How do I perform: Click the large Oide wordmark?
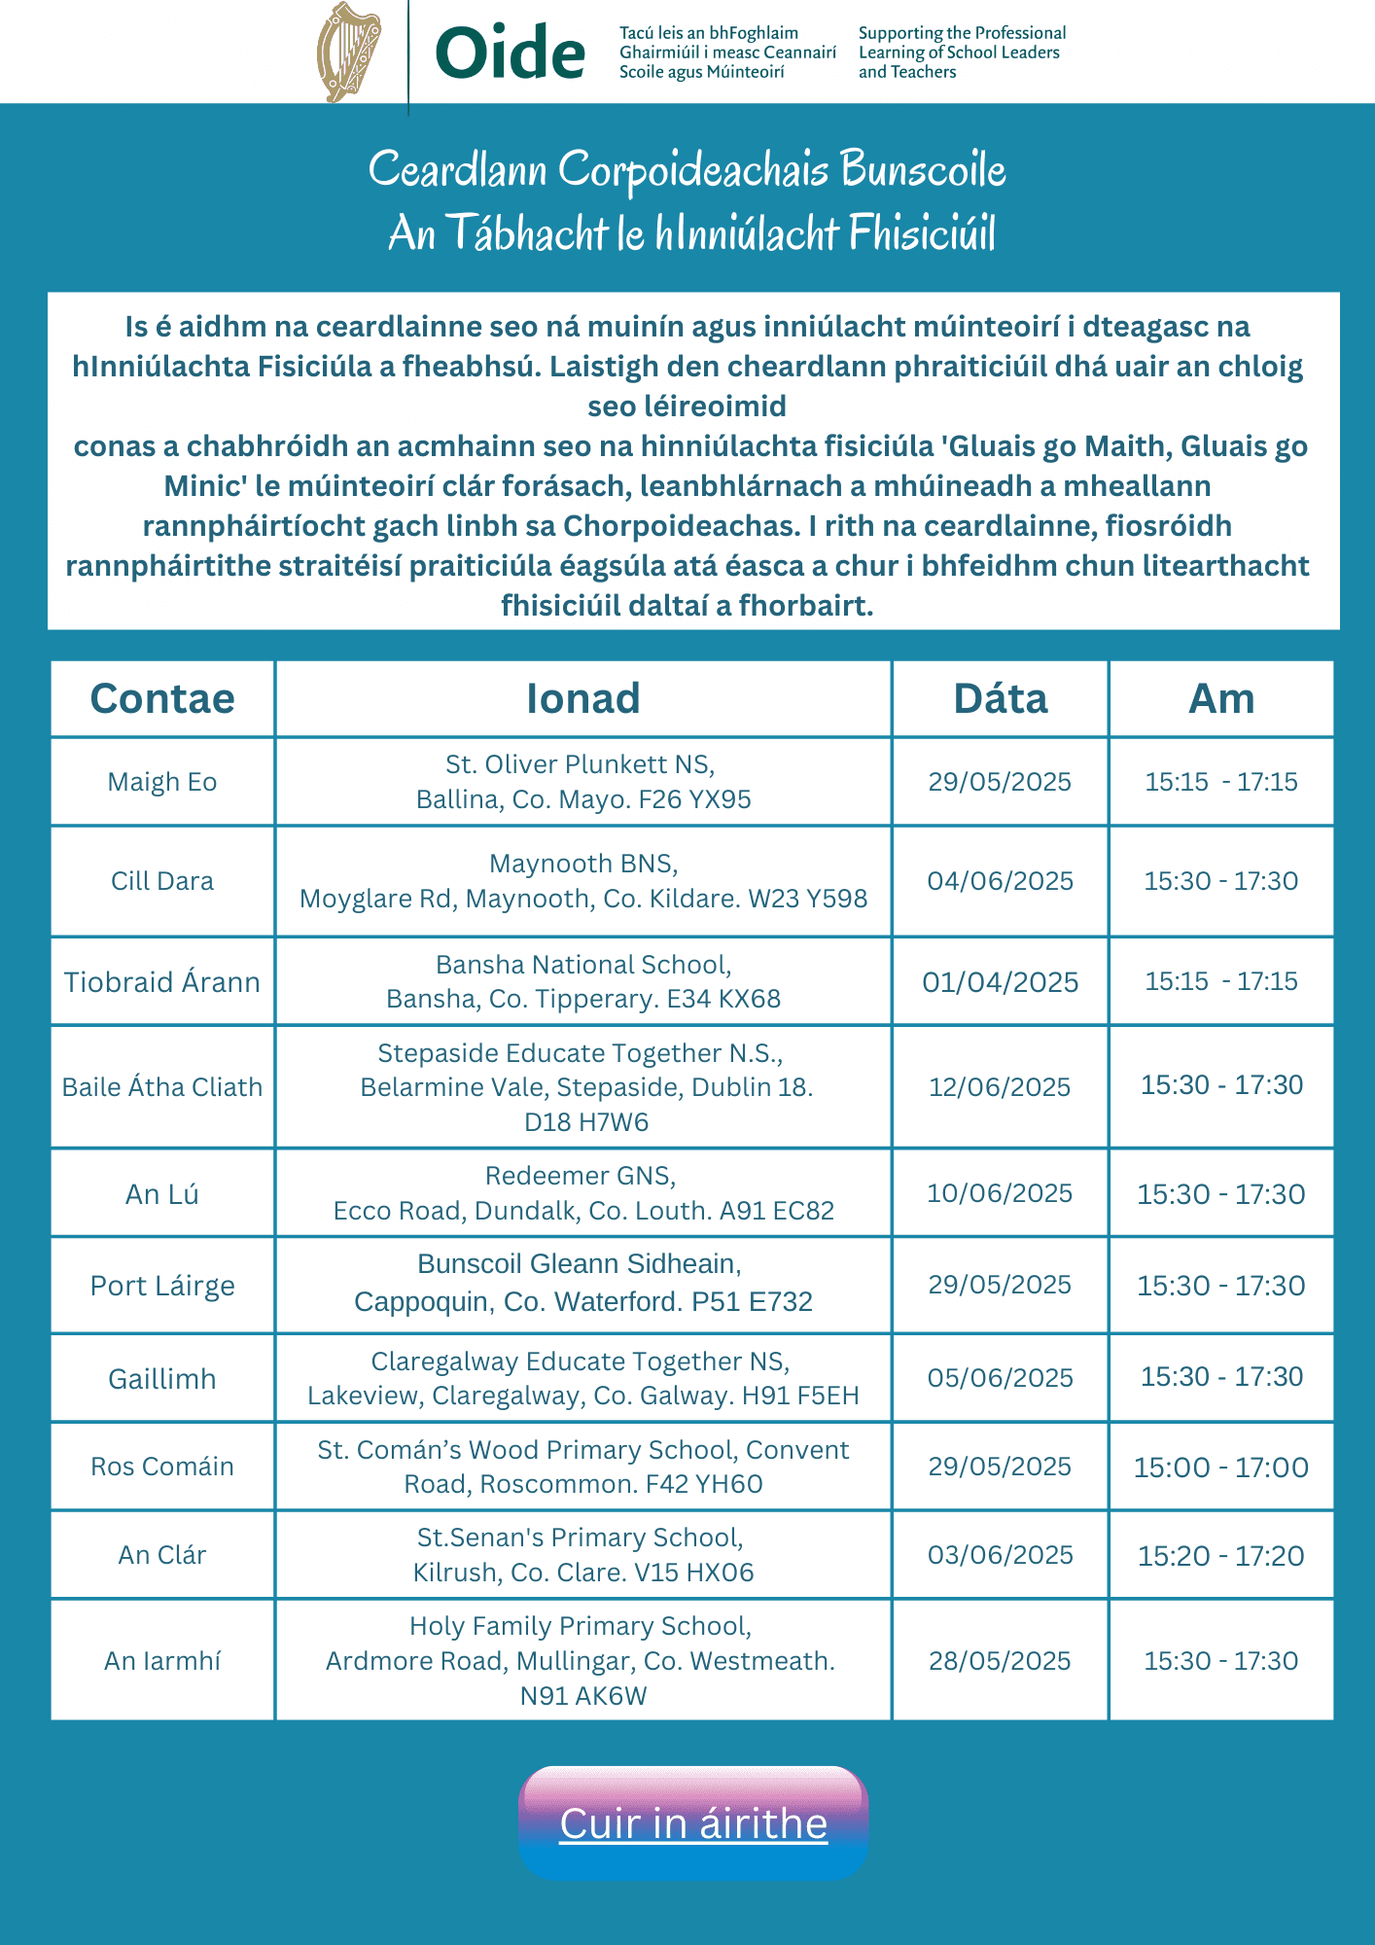(x=510, y=53)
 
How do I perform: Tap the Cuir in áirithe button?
(x=693, y=1823)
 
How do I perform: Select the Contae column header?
(x=162, y=698)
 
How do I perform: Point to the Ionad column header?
(x=583, y=698)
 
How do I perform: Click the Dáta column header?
(x=1000, y=698)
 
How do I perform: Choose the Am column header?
(x=1221, y=698)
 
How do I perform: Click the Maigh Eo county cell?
(x=162, y=782)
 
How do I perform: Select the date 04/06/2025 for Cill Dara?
(x=1000, y=881)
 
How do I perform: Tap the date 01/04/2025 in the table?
(x=1000, y=982)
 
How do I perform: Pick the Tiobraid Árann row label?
(x=162, y=982)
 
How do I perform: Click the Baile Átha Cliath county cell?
(x=162, y=1087)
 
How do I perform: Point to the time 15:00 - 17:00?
(x=1221, y=1467)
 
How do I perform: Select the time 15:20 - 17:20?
(x=1221, y=1556)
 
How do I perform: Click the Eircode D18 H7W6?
(x=585, y=1122)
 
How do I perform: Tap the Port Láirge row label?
(x=162, y=1286)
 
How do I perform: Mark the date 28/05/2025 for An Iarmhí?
(x=1000, y=1661)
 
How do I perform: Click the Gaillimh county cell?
(x=162, y=1379)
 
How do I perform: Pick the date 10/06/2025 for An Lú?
(x=1000, y=1193)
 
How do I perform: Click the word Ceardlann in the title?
(x=457, y=169)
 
